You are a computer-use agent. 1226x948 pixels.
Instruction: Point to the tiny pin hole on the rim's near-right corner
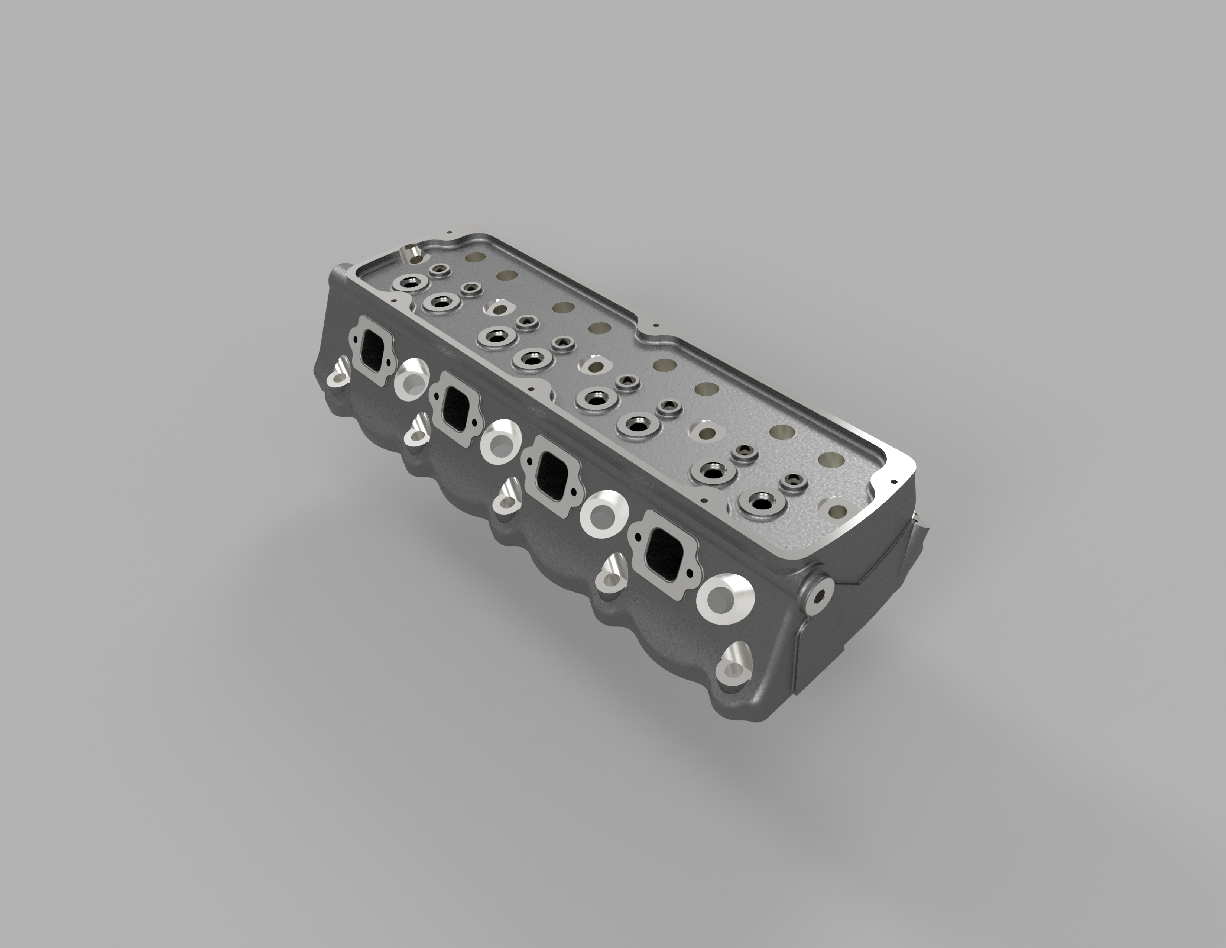[891, 481]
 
